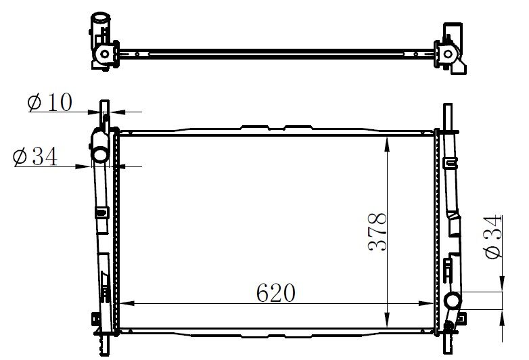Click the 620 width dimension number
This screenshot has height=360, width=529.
pos(276,293)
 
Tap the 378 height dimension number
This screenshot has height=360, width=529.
pos(377,232)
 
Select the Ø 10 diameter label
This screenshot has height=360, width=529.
pos(49,103)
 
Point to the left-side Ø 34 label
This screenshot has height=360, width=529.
pos(34,157)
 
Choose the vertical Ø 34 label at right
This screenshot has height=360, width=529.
pos(493,237)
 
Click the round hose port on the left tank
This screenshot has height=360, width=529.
pos(100,155)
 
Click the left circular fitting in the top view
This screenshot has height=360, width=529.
pos(105,53)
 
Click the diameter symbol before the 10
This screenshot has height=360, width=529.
pos(34,103)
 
